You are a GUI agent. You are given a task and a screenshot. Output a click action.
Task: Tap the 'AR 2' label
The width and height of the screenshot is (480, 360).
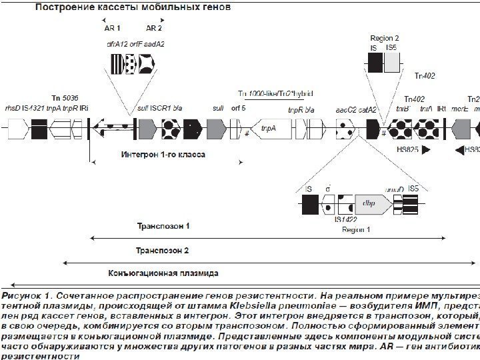(x=154, y=29)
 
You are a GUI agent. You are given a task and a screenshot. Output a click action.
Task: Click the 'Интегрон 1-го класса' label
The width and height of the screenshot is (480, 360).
(x=163, y=154)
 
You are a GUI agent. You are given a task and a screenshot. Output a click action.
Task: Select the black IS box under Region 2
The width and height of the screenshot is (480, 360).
(x=375, y=63)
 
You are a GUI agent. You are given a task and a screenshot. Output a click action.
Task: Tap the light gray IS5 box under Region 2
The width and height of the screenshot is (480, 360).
(x=392, y=63)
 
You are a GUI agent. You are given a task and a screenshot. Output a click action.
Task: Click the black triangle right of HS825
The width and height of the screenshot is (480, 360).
(x=426, y=150)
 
